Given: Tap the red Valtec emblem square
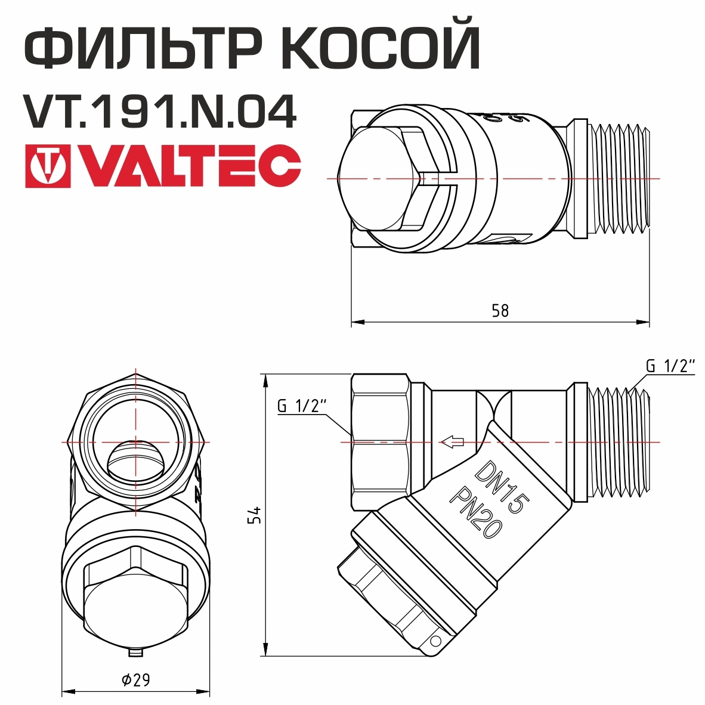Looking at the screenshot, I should [48, 166].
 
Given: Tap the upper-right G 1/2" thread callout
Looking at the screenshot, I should [670, 366].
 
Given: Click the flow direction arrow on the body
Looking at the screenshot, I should [452, 442].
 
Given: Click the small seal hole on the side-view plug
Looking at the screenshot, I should [435, 641].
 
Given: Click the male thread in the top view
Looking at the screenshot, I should [620, 179].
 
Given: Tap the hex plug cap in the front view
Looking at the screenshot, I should [136, 602].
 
